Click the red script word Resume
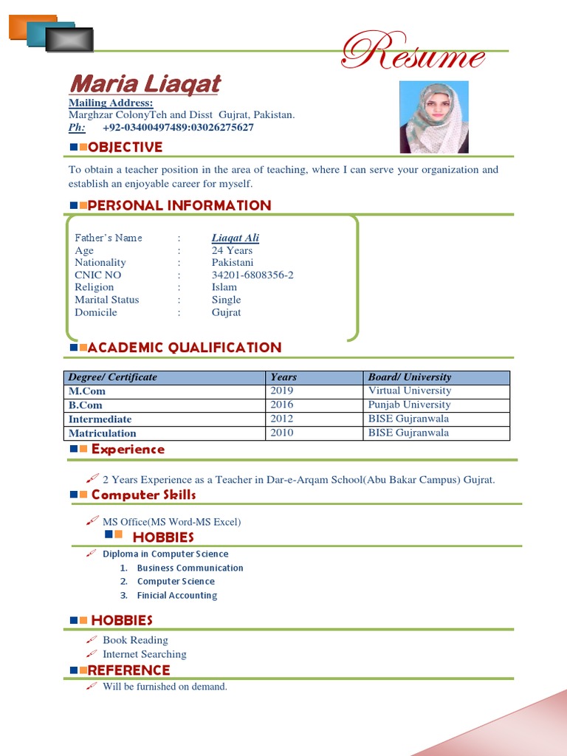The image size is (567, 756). (x=413, y=54)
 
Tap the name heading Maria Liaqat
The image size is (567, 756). (x=145, y=84)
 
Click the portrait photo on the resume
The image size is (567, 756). (x=433, y=117)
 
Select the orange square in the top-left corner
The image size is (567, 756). (x=32, y=27)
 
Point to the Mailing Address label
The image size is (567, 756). (x=111, y=103)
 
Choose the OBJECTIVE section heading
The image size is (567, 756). (x=125, y=147)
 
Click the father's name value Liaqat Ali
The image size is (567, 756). (x=235, y=238)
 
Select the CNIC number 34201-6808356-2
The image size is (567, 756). (x=252, y=275)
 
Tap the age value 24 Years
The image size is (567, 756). (x=232, y=250)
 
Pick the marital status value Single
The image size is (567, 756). (x=226, y=300)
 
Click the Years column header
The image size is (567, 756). (x=283, y=377)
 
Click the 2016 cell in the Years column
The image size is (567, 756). (x=281, y=405)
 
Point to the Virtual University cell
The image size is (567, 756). (x=409, y=391)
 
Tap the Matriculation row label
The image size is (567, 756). (x=103, y=433)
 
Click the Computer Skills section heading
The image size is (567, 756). (x=143, y=495)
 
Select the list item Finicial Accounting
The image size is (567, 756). (x=177, y=595)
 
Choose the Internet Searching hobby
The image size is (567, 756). (x=144, y=654)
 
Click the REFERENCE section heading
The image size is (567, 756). (x=128, y=670)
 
